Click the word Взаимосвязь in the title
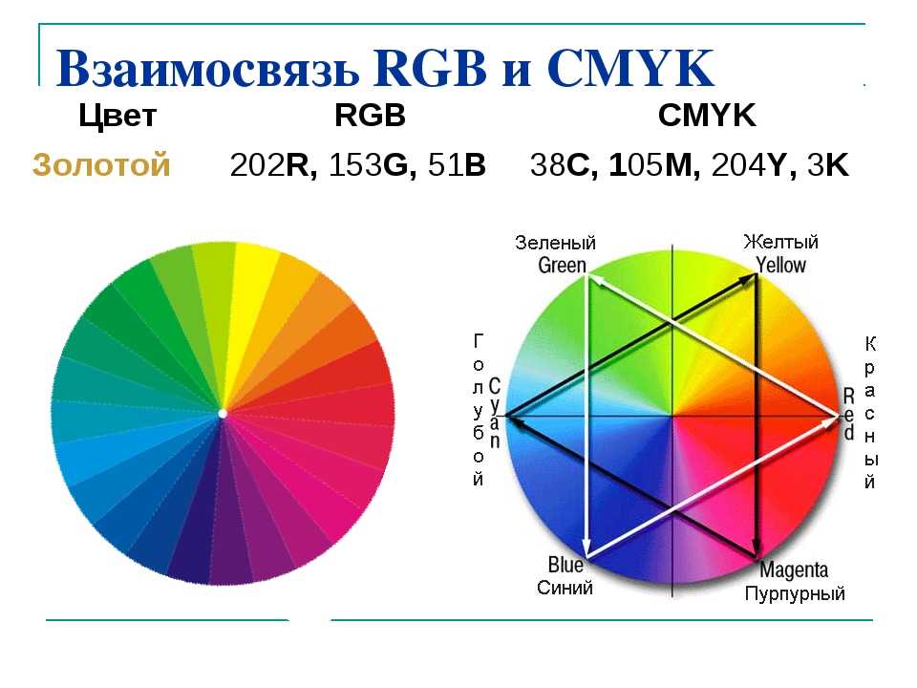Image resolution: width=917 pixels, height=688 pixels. click(x=208, y=68)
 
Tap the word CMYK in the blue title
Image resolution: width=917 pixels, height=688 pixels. click(x=630, y=68)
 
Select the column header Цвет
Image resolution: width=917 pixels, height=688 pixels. click(x=117, y=117)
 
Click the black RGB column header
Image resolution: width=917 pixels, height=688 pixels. click(x=371, y=115)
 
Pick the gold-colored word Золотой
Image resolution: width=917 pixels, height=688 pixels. click(x=101, y=164)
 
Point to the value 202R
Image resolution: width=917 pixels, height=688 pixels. click(x=274, y=165)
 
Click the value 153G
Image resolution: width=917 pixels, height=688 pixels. click(x=373, y=165)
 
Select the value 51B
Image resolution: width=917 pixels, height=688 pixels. click(x=457, y=165)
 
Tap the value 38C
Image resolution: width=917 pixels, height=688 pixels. click(x=564, y=165)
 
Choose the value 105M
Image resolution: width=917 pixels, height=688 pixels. click(x=654, y=165)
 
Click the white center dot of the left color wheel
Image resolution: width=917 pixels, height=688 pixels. click(x=223, y=414)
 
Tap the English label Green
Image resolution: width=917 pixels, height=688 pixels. click(x=562, y=266)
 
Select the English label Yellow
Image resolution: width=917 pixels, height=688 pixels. click(x=780, y=265)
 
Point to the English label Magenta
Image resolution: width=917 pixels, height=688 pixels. click(x=794, y=570)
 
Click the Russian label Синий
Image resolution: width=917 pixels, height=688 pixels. click(x=565, y=588)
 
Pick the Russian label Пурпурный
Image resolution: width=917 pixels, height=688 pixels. click(x=795, y=593)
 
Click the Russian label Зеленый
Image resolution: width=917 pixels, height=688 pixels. click(x=556, y=242)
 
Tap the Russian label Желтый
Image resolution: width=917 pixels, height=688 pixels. click(x=780, y=241)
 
